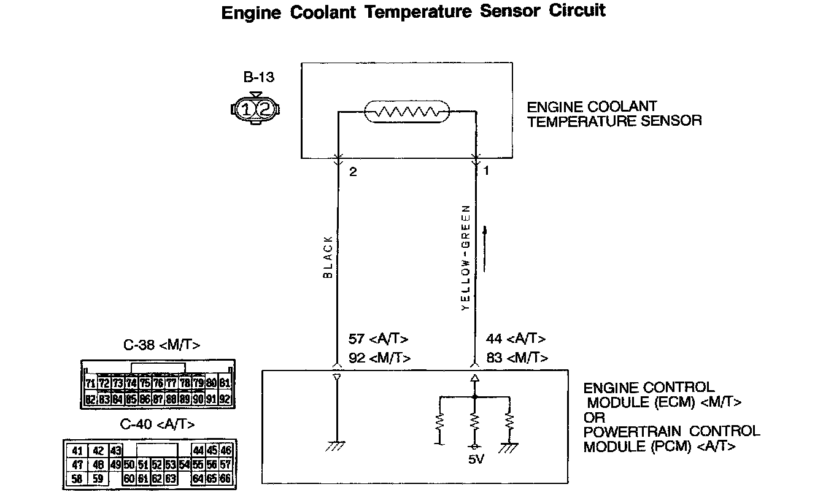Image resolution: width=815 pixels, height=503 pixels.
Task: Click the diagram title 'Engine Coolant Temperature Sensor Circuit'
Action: pyautogui.click(x=413, y=12)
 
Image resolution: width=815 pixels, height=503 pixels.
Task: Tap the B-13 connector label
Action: pyautogui.click(x=258, y=78)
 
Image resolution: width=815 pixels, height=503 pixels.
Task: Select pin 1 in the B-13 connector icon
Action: pyautogui.click(x=246, y=110)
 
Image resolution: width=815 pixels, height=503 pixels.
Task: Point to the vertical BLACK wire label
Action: pyautogui.click(x=328, y=258)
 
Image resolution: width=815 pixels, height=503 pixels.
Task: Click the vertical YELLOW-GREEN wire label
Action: pyautogui.click(x=466, y=257)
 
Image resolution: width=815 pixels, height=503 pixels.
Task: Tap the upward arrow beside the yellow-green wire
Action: pyautogui.click(x=485, y=248)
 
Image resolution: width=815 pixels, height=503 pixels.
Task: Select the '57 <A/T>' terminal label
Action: pyautogui.click(x=378, y=339)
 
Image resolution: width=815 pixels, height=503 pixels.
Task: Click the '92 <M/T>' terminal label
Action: pyautogui.click(x=379, y=358)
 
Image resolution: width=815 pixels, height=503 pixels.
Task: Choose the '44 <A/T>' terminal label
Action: pyautogui.click(x=516, y=339)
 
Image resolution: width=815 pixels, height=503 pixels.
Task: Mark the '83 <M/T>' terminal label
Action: pyautogui.click(x=517, y=358)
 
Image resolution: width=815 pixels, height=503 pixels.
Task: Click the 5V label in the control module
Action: pyautogui.click(x=475, y=459)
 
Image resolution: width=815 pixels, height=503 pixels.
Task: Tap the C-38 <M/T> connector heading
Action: pyautogui.click(x=161, y=345)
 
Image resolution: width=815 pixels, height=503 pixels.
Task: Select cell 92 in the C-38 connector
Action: pyautogui.click(x=225, y=399)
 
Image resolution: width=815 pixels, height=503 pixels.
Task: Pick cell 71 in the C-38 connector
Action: pyautogui.click(x=90, y=384)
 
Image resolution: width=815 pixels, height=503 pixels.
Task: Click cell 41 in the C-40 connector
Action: pyautogui.click(x=77, y=450)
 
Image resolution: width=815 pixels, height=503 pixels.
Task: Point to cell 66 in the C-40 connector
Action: pyautogui.click(x=225, y=478)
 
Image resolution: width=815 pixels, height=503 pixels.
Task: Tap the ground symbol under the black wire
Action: pyautogui.click(x=336, y=446)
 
